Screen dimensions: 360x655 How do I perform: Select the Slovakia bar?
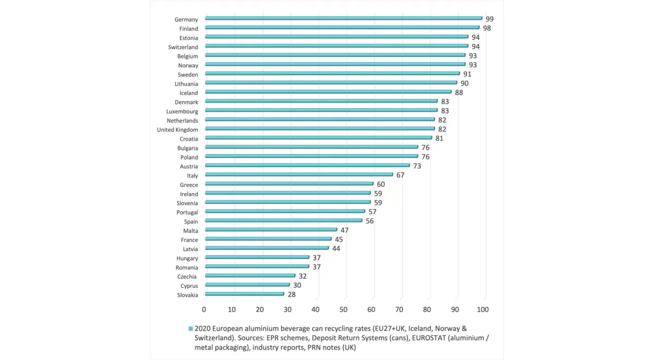pos(244,294)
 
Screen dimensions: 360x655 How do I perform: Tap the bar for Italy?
pos(298,175)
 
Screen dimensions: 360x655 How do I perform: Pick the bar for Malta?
pos(270,230)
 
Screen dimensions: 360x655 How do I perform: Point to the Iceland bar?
pos(327,92)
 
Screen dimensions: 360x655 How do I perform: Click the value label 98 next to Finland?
pos(486,28)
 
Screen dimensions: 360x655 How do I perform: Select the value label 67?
pos(400,175)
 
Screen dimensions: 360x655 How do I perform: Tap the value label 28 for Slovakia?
pos(291,295)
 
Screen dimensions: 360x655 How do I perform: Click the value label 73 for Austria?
pos(417,166)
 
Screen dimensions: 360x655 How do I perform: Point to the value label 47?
pos(344,230)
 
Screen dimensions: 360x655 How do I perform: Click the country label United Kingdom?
pos(177,130)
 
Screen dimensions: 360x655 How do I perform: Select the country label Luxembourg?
pos(182,111)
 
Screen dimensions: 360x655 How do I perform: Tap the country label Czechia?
pos(187,277)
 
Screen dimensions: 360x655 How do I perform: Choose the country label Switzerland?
pos(183,47)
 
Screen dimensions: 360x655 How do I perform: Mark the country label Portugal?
pos(187,212)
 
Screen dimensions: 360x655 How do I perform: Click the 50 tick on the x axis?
pos(343,309)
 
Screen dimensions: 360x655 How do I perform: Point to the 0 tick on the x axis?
pos(204,309)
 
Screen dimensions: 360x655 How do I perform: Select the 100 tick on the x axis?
pos(483,309)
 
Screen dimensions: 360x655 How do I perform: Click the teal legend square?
pos(190,329)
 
